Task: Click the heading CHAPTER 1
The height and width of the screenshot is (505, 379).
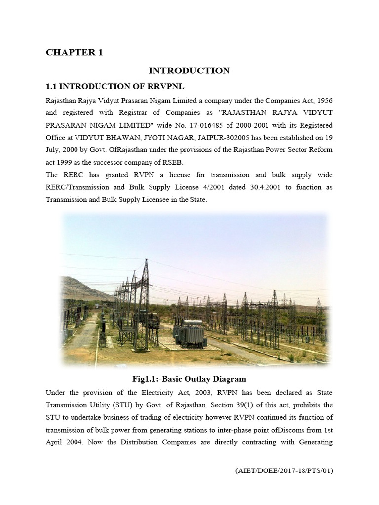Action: [x=75, y=52]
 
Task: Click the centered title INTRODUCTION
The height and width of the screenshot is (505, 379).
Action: [x=189, y=71]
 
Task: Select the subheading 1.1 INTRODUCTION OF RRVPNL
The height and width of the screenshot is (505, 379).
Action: [x=114, y=86]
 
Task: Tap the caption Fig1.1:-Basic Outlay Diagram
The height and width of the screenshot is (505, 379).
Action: [x=189, y=379]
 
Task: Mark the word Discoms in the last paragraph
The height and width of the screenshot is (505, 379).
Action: [x=291, y=430]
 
